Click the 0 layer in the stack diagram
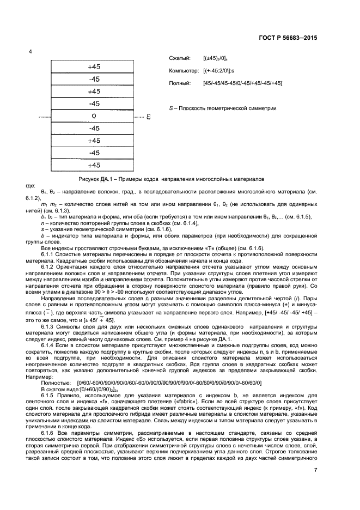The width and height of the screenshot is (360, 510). pyautogui.click(x=94, y=116)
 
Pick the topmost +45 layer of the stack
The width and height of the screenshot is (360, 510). pyautogui.click(x=94, y=66)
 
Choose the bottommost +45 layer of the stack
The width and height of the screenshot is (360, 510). pyautogui.click(x=94, y=165)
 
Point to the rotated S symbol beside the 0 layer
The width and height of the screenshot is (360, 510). pyautogui.click(x=148, y=117)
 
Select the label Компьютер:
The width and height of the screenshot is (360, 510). pyautogui.click(x=185, y=70)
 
